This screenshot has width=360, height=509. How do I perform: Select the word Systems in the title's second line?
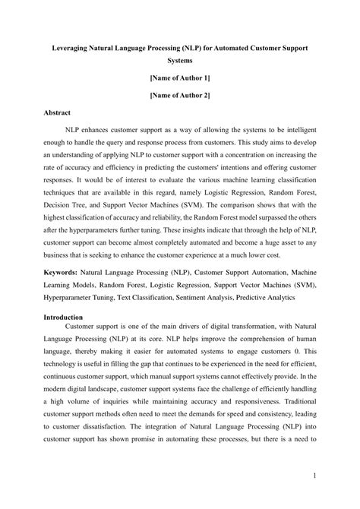tap(180, 58)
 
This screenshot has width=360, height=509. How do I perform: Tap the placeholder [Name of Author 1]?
tap(180, 77)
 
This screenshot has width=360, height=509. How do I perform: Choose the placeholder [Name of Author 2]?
tap(180, 95)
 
